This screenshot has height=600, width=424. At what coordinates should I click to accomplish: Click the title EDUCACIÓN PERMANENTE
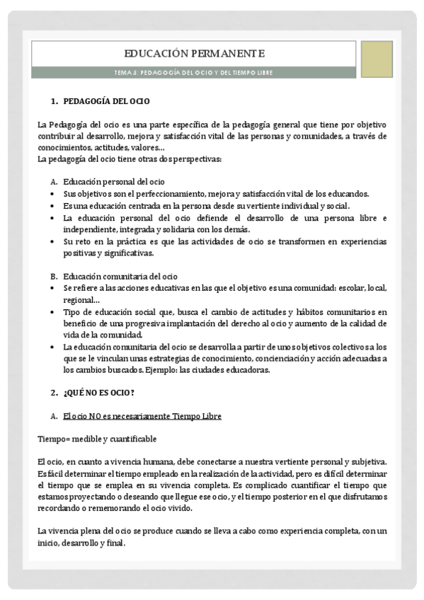coord(194,53)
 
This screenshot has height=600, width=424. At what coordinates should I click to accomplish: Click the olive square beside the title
coord(377,59)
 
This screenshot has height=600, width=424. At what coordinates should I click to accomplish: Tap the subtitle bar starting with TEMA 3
coord(194,72)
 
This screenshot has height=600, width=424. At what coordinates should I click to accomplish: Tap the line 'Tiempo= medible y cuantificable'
coord(97,439)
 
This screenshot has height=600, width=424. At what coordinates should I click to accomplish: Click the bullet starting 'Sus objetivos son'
coord(54,194)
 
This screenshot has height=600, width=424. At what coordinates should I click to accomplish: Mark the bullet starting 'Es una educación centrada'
coord(54,205)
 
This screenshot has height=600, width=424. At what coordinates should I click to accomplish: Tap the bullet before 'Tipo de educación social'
coord(54,311)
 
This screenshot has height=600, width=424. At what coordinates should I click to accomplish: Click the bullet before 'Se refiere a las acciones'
coord(54,288)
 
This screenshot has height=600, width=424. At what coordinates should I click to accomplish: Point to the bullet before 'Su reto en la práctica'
coord(54,241)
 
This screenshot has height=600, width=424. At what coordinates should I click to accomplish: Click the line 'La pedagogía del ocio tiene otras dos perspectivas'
coord(130,158)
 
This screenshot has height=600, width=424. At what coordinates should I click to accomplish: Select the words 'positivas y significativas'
coord(108,253)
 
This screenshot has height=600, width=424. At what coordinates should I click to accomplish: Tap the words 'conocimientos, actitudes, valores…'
coord(101,147)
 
